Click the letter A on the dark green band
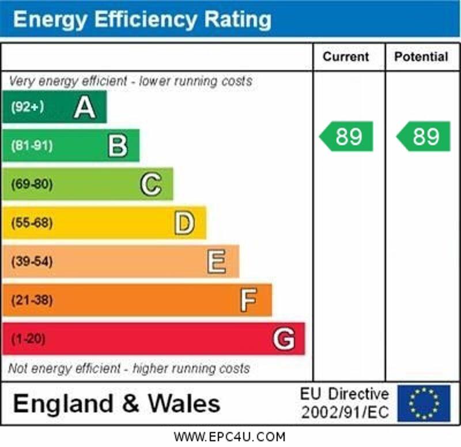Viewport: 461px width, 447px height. point(84,107)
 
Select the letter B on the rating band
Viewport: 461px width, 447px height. point(118,146)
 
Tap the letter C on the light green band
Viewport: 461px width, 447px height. point(150,185)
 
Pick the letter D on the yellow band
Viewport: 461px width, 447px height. point(184,223)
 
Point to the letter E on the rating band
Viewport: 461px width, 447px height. point(217,262)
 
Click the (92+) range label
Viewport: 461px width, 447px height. point(27,107)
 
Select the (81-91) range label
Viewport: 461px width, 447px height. point(32,146)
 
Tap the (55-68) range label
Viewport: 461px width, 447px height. point(32,223)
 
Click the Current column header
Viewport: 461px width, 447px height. point(346,57)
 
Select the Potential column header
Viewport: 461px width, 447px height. point(421,57)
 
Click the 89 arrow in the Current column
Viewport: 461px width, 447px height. point(347,137)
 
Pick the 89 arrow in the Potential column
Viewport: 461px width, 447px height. point(424,137)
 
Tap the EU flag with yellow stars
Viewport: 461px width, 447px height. point(424,403)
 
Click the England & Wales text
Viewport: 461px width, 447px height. point(116,403)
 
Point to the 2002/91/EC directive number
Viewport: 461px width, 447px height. point(345,412)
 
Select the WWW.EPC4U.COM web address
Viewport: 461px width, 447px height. point(229,437)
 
